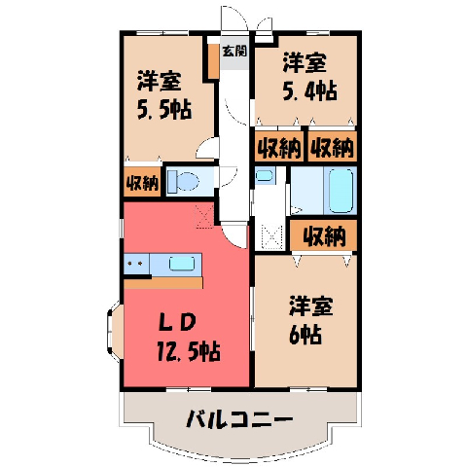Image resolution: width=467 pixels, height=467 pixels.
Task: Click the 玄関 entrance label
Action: click(x=234, y=51)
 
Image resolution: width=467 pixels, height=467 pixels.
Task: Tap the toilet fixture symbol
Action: click(x=183, y=181)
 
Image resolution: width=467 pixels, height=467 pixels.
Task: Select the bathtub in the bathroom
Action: click(x=341, y=191)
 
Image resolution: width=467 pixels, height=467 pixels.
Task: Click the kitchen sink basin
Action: click(x=182, y=264)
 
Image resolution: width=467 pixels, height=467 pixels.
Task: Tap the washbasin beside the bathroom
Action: click(x=265, y=175)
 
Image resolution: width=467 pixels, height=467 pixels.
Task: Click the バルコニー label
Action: click(x=239, y=418)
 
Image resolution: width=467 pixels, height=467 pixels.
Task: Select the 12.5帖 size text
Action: click(x=189, y=351)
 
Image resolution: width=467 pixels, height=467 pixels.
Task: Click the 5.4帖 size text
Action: click(x=310, y=91)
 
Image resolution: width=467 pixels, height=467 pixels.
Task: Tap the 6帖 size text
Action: click(x=305, y=334)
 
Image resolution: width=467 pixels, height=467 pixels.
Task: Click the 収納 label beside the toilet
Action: click(x=142, y=184)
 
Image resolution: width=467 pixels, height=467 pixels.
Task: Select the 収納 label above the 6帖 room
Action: click(x=324, y=235)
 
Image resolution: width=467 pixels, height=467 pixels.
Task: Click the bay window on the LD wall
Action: click(x=115, y=331)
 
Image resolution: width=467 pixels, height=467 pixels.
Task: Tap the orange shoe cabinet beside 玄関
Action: click(x=213, y=60)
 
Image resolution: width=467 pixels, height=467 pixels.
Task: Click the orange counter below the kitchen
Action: click(x=163, y=283)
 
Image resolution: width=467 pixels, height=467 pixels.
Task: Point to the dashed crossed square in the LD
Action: click(x=204, y=216)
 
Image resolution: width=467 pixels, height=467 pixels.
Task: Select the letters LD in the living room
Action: click(x=177, y=323)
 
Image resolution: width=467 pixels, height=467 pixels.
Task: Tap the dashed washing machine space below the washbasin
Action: click(x=272, y=236)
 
